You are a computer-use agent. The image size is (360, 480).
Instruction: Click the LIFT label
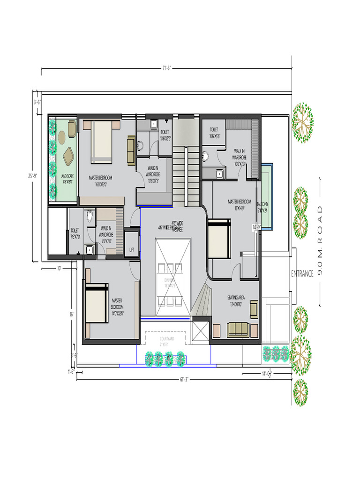pos(132,250)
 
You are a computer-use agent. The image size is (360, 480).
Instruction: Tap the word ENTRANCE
pos(302,274)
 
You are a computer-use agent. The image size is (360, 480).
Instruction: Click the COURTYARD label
pos(166,341)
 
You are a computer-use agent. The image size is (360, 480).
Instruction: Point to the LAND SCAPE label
pos(67,179)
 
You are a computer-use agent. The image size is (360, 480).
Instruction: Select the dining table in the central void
pos(169,284)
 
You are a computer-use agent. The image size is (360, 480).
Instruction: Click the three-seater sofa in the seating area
pos(238,330)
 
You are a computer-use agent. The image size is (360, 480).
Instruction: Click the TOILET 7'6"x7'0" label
pos(75,233)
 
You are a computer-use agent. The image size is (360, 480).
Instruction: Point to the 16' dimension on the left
pos(71,315)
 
